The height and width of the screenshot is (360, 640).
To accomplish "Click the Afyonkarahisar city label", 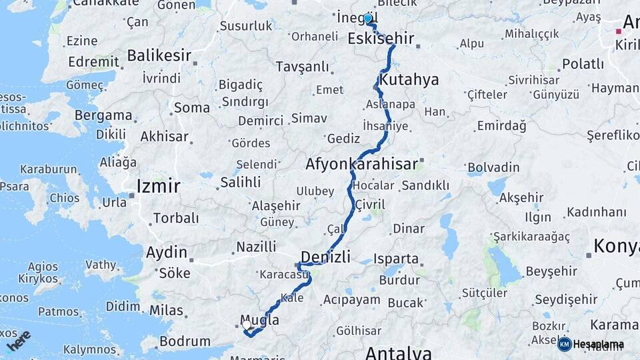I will (x=361, y=164).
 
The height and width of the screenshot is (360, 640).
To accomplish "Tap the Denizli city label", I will (x=325, y=257).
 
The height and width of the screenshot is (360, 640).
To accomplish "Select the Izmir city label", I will (x=158, y=186).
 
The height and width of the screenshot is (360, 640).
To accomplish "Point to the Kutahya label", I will (x=409, y=81).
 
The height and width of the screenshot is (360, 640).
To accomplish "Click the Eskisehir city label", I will (x=381, y=39).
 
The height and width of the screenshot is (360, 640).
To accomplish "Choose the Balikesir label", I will (x=159, y=55).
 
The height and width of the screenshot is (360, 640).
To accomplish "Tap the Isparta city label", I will (x=396, y=259).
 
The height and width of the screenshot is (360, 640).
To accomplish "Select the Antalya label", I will (x=398, y=352).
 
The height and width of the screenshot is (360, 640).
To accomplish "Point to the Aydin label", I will (x=167, y=252).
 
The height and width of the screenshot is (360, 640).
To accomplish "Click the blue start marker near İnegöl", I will (x=367, y=19).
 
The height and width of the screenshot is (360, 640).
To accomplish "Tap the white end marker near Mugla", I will (x=247, y=325).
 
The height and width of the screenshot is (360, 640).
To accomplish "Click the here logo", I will (x=19, y=340).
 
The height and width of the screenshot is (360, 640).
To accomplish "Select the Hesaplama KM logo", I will (x=591, y=344).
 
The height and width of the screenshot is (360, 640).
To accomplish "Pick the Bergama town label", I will (x=103, y=115).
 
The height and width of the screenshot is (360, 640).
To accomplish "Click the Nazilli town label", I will (x=257, y=247).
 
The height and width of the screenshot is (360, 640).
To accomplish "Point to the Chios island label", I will (x=64, y=198).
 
